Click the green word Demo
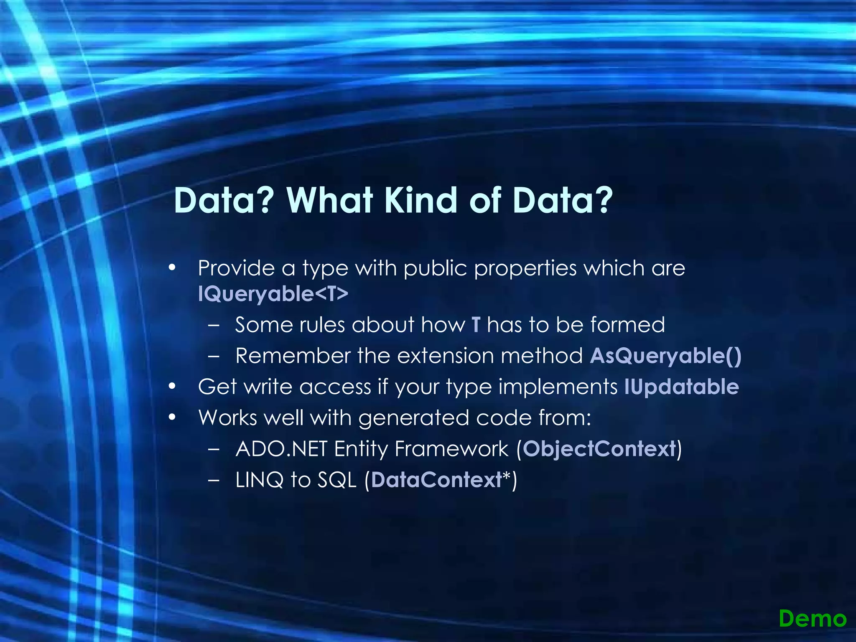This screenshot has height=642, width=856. point(813,619)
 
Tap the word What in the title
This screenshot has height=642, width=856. point(330,200)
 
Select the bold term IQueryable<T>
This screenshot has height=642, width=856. point(273,294)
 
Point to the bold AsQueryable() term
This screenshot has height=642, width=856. point(665,356)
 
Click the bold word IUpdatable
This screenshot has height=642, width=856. point(681,387)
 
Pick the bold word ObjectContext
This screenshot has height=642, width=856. point(599,449)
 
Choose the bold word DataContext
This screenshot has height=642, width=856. point(436,480)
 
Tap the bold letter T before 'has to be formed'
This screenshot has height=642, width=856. point(476,325)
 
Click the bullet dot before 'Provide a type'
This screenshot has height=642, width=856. point(172,268)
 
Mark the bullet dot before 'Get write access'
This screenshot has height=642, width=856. point(172,387)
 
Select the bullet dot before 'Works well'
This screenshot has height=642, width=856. point(172,418)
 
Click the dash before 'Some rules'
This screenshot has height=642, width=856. point(214,325)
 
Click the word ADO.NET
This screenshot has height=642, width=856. point(281,449)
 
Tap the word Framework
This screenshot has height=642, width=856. point(451,449)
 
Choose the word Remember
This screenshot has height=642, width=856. point(293,356)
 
